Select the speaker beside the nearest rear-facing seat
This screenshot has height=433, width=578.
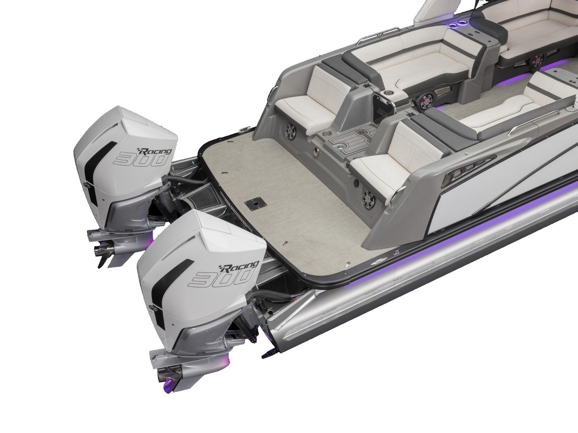[x=368, y=196]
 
